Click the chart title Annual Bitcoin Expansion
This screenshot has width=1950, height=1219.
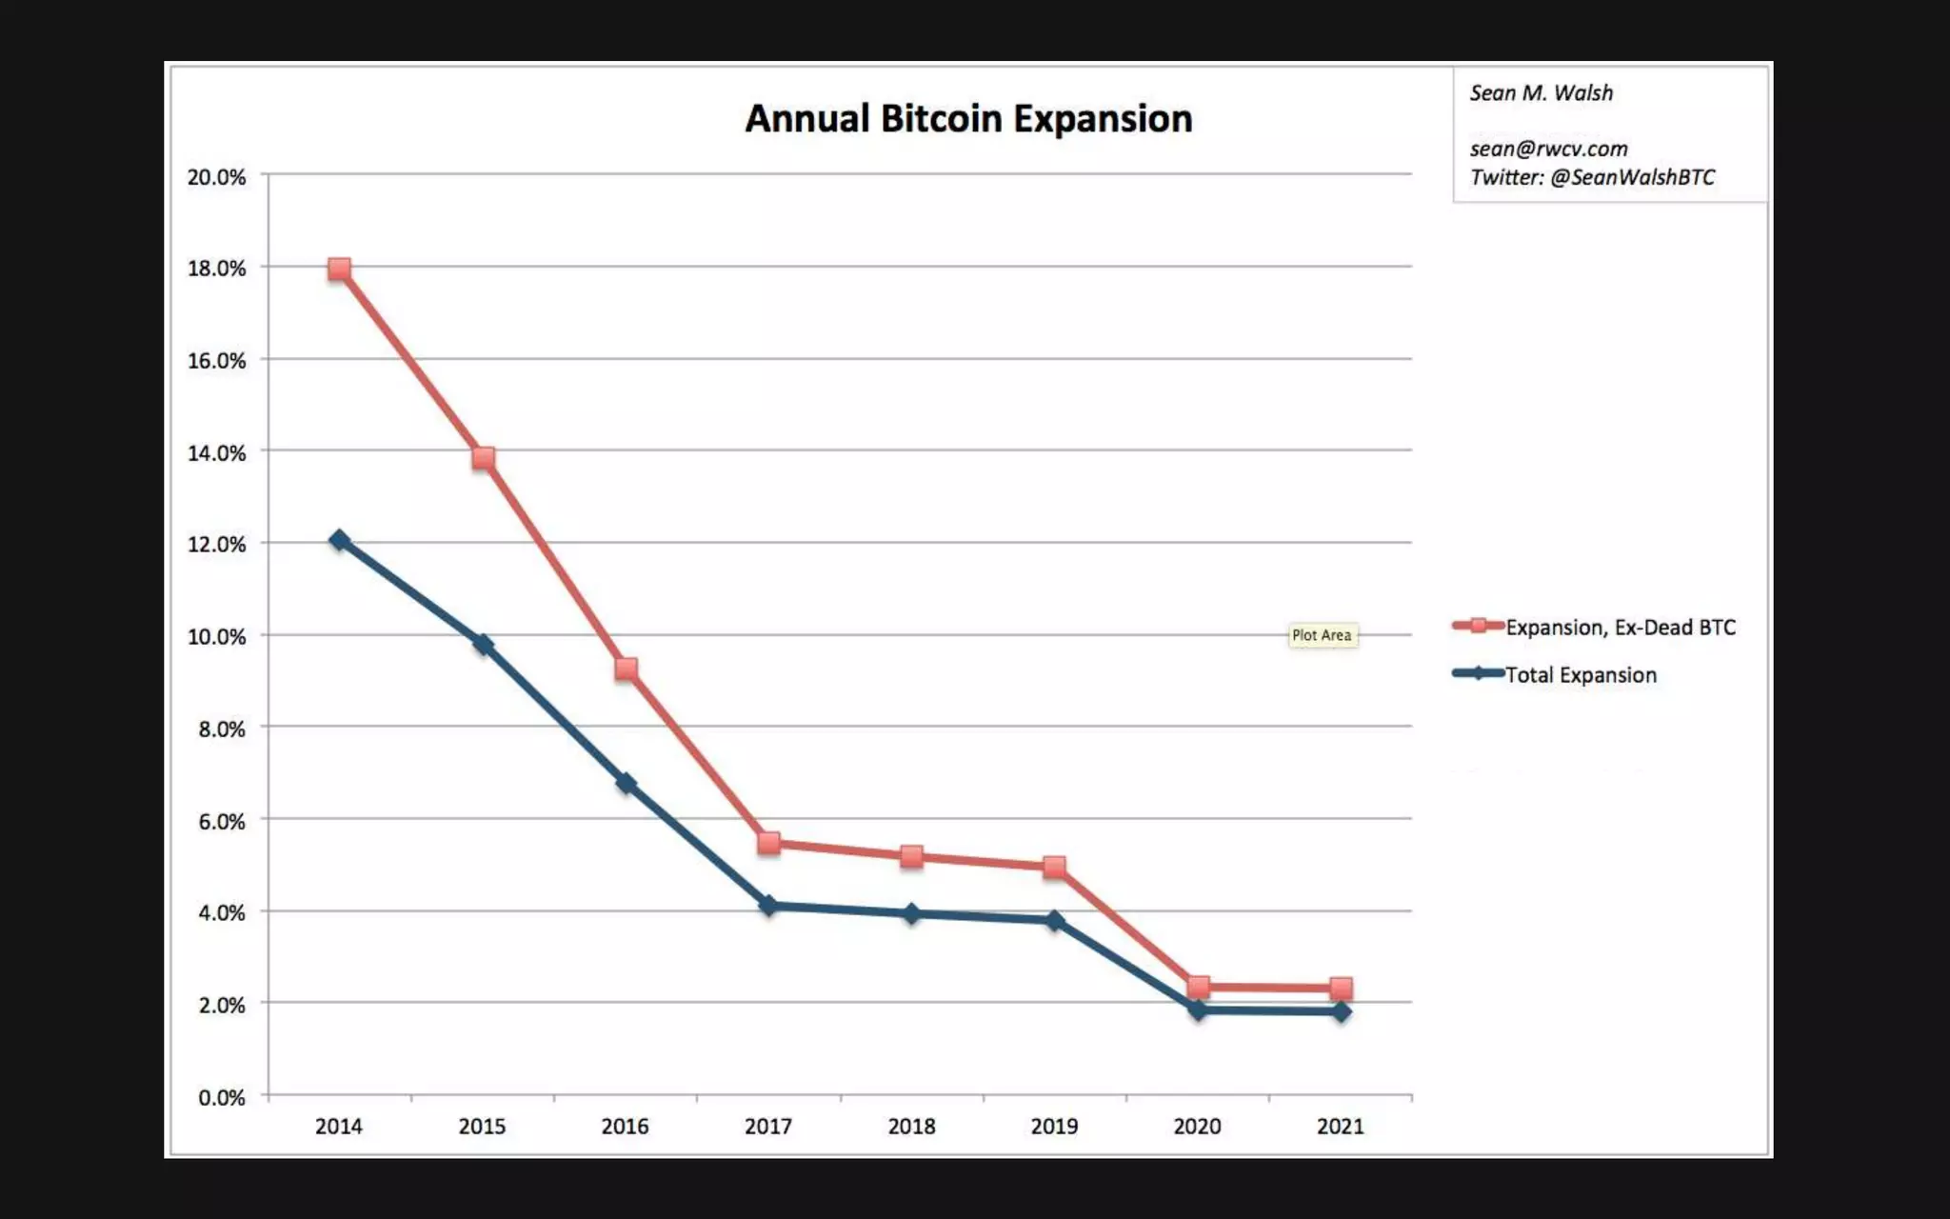tap(968, 119)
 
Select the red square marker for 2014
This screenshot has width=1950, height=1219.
tap(340, 270)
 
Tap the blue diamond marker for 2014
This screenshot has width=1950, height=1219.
tap(340, 540)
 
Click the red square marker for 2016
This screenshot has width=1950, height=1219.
tap(626, 669)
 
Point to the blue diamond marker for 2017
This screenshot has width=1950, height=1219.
tap(768, 905)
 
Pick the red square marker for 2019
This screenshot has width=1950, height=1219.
tap(1054, 867)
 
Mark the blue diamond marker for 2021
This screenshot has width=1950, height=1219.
tap(1341, 1011)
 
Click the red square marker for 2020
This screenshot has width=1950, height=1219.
tap(1198, 987)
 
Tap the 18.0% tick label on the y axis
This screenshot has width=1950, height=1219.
tap(216, 269)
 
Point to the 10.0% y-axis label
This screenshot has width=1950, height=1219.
tap(216, 636)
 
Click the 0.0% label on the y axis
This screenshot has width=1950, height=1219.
tap(221, 1097)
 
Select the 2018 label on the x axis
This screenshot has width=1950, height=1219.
tap(911, 1126)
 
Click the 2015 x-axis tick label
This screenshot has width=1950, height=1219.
tap(482, 1126)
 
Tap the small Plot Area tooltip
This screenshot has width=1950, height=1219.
tap(1322, 635)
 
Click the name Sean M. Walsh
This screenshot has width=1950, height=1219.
tap(1541, 93)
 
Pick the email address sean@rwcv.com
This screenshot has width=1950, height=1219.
tap(1548, 149)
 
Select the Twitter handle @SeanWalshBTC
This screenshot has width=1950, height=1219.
tap(1632, 177)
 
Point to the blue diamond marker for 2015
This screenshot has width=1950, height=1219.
tap(483, 645)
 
